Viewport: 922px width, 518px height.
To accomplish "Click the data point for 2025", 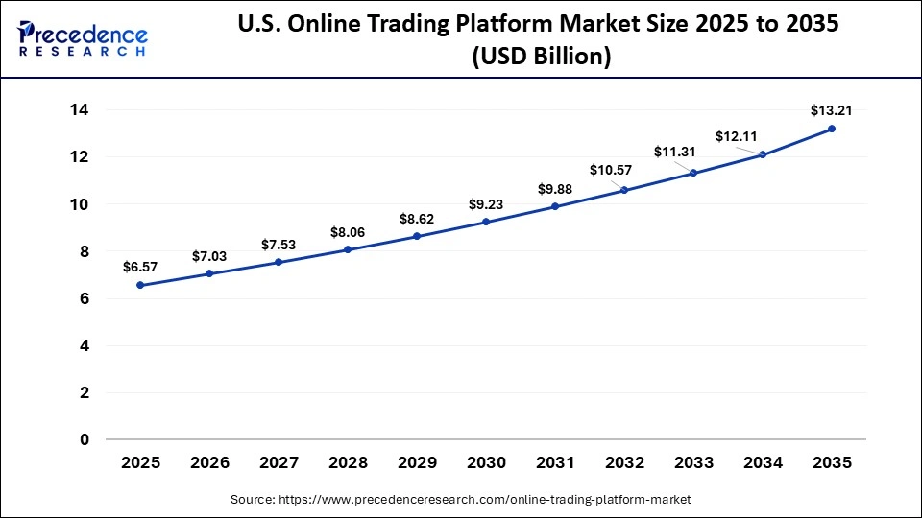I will pos(140,285).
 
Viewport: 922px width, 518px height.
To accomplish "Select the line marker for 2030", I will pos(486,222).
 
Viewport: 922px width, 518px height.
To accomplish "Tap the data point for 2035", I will pos(832,129).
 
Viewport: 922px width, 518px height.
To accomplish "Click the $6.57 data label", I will pos(140,267).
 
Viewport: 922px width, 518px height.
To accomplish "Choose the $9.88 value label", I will pos(555,188).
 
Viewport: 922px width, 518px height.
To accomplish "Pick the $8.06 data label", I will pos(348,231).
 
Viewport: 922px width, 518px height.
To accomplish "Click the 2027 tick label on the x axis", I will pos(279,462).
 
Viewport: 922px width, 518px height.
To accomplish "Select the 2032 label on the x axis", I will pos(624,462).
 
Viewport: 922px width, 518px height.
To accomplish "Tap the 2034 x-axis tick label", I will pos(763,462).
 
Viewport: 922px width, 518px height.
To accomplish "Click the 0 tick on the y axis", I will pos(84,439).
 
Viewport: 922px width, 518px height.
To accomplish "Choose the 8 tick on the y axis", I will pos(84,251).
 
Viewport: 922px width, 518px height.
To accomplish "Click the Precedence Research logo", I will pos(83,38).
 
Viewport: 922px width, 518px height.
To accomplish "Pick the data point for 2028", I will pos(348,249).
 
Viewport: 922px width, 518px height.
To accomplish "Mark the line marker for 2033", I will pos(693,174).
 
